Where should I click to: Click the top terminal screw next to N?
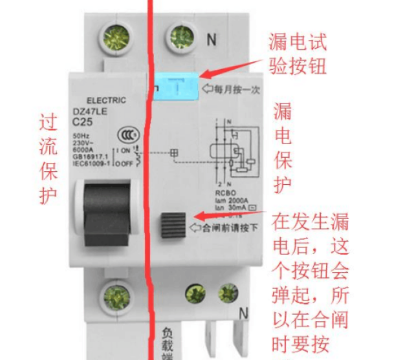tap(182, 36)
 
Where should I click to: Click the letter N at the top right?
tap(211, 40)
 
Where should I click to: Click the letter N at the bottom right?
tap(244, 314)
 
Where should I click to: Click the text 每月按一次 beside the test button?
tap(232, 90)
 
